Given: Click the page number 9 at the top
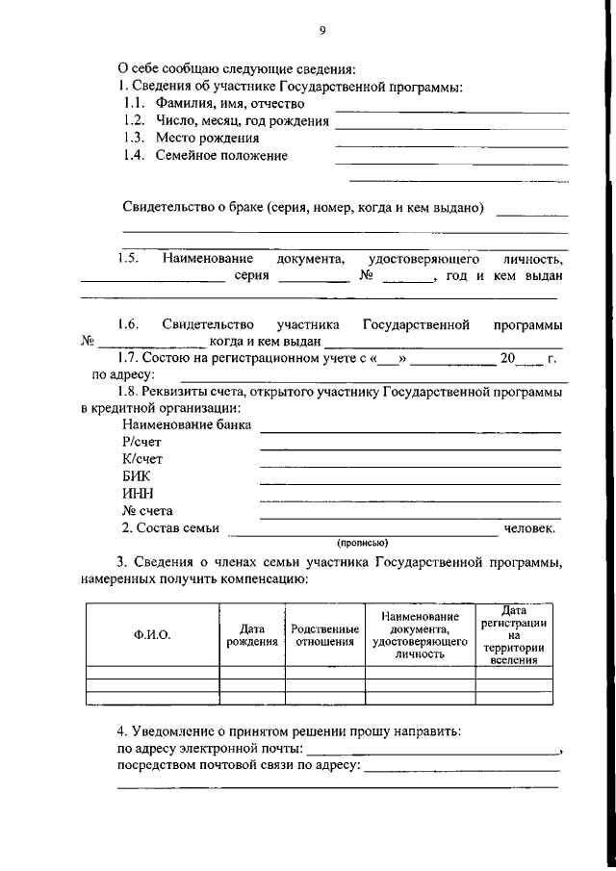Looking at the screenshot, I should point(322,31).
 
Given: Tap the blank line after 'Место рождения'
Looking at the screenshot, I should point(450,144).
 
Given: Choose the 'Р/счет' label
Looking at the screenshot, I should point(141,442).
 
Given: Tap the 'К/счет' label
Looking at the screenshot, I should point(142,459).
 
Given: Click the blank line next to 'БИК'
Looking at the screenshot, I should point(410,482).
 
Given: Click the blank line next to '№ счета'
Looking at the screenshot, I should point(410,517).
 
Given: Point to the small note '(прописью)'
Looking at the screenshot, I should point(362,542).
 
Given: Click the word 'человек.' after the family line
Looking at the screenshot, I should point(528,528).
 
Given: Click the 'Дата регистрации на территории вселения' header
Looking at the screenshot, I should point(514,634).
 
